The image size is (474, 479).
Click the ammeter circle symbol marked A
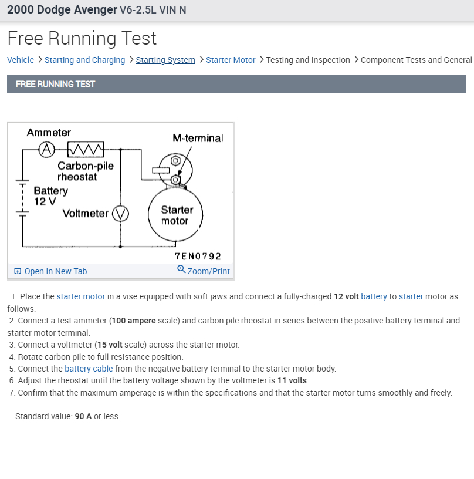46,149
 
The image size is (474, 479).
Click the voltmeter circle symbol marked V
120,214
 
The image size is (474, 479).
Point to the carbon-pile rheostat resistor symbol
86,149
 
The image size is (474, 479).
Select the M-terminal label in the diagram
198,138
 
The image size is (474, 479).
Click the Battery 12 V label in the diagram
50,196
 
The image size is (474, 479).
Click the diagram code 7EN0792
198,256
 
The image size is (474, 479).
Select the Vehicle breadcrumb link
21,60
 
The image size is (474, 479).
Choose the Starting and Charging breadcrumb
84,60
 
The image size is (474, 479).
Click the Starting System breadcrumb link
165,60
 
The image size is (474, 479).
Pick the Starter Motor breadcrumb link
231,60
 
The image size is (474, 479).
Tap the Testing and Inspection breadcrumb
308,60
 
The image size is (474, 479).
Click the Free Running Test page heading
82,38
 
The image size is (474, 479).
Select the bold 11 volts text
293,381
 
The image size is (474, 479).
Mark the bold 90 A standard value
83,416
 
